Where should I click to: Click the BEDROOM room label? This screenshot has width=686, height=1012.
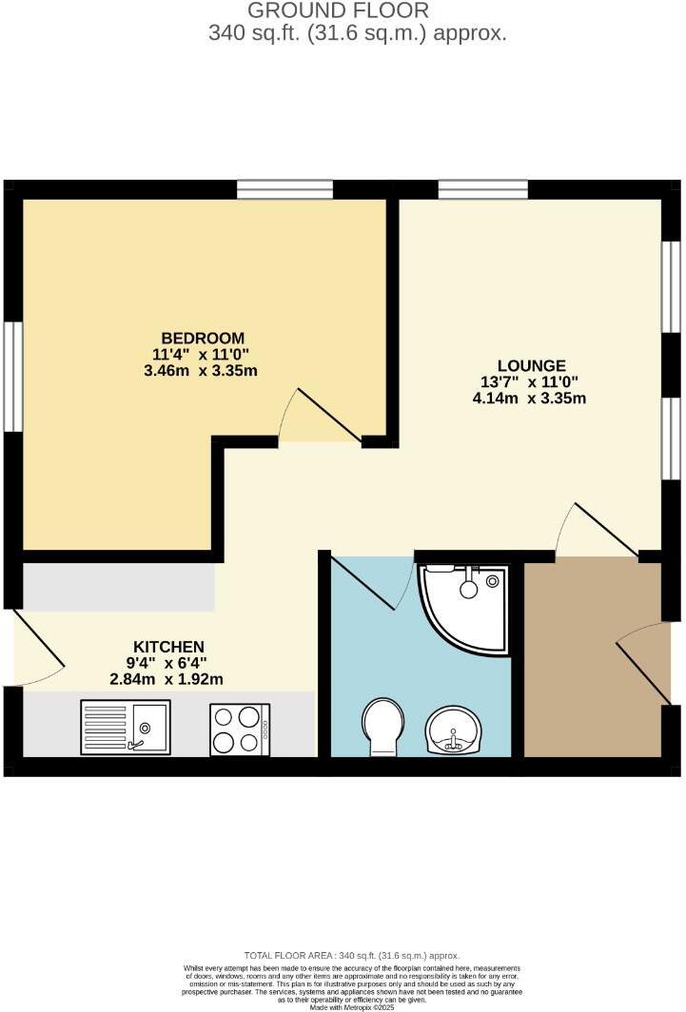203,338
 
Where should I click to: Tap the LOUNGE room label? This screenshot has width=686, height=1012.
532,365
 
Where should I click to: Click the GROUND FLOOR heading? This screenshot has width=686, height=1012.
338,11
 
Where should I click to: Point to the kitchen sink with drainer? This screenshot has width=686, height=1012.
126,727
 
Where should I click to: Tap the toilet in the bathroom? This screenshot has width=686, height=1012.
383,727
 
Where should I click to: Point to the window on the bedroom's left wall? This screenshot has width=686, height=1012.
12,377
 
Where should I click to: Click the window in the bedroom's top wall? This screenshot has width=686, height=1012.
284,189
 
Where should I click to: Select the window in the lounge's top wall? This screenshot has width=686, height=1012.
482,189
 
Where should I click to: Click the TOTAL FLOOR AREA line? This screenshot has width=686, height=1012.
351,955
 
